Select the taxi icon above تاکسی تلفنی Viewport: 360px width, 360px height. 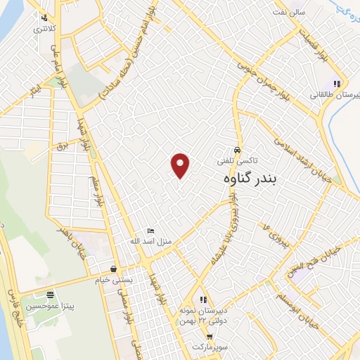pos(238,150)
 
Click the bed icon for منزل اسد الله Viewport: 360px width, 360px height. pos(150,231)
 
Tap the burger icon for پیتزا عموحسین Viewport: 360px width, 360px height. pos(50,295)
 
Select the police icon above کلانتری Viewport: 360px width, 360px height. pos(45,18)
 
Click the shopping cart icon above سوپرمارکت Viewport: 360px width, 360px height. pos(210,337)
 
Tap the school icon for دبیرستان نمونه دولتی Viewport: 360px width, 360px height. pos(203,300)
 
